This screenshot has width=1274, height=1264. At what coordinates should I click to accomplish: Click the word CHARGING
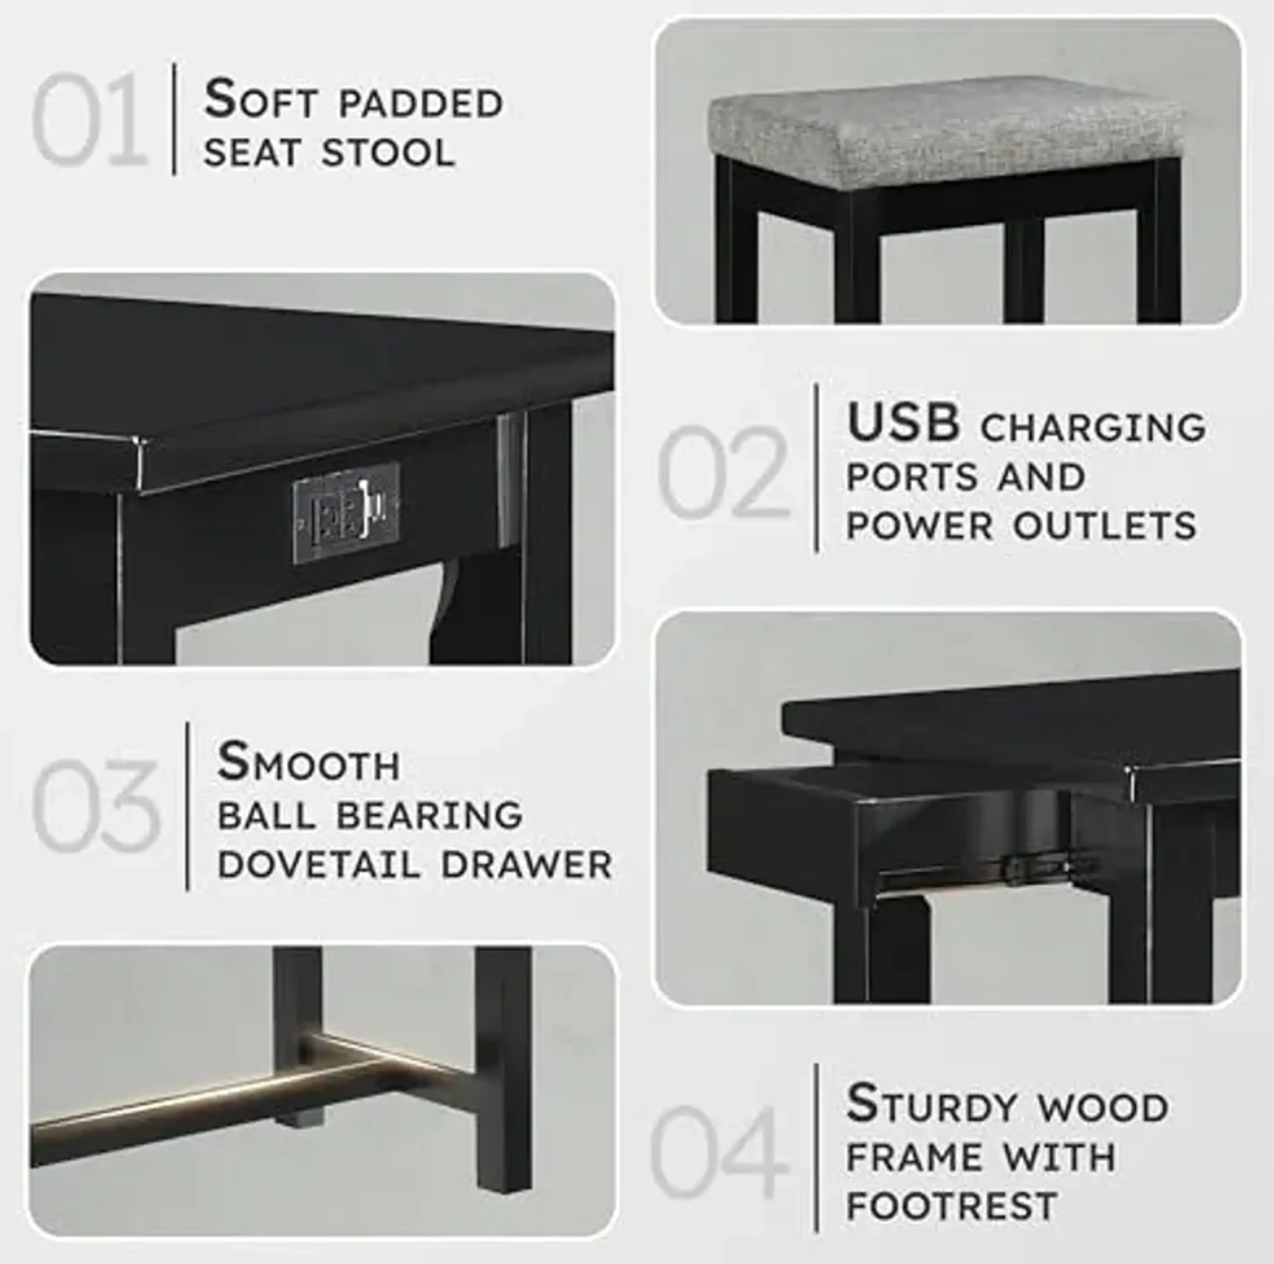click(1093, 427)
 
